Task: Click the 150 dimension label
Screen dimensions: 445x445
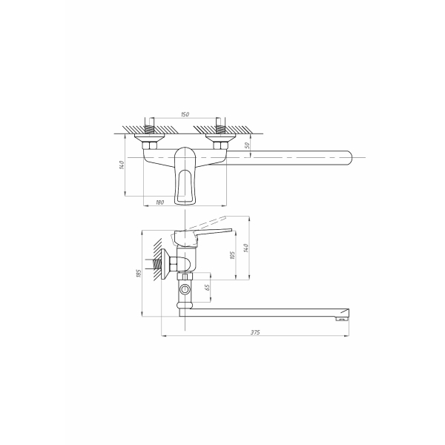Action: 185,114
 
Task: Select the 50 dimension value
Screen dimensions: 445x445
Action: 247,145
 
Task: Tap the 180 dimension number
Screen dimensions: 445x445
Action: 160,202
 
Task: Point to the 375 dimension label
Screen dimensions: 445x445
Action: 255,332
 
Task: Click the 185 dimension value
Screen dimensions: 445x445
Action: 139,273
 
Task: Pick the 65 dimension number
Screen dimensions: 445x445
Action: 208,288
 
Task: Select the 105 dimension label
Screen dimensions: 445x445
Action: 233,255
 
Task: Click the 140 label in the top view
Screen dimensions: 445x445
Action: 122,165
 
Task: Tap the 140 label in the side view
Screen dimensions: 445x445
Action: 246,248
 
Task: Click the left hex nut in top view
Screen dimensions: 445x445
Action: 149,146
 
